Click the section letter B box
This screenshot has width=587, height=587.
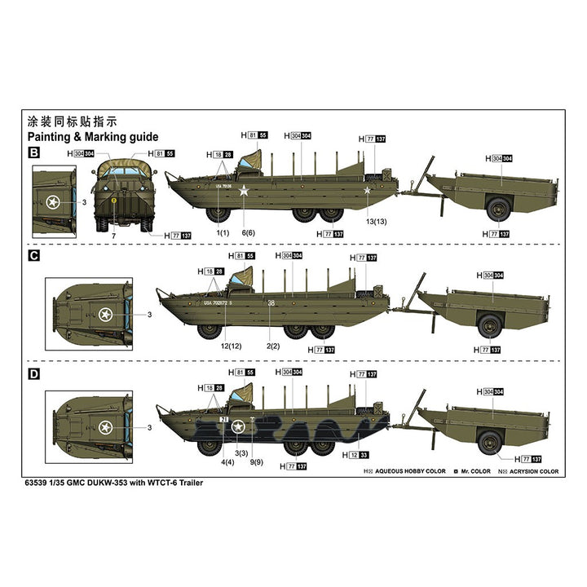tap(34, 152)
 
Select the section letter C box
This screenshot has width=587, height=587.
tap(34, 255)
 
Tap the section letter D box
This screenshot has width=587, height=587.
tap(34, 374)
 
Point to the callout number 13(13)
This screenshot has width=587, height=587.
tap(377, 221)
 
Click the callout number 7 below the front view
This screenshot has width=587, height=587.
tap(114, 236)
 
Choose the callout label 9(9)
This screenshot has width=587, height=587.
tap(257, 462)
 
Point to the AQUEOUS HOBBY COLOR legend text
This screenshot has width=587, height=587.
tap(411, 472)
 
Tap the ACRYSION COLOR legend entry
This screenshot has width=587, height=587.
tap(532, 472)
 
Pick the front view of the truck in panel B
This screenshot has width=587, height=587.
tap(119, 195)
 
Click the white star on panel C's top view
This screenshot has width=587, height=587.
tap(105, 313)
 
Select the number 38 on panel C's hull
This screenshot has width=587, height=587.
tap(271, 303)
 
